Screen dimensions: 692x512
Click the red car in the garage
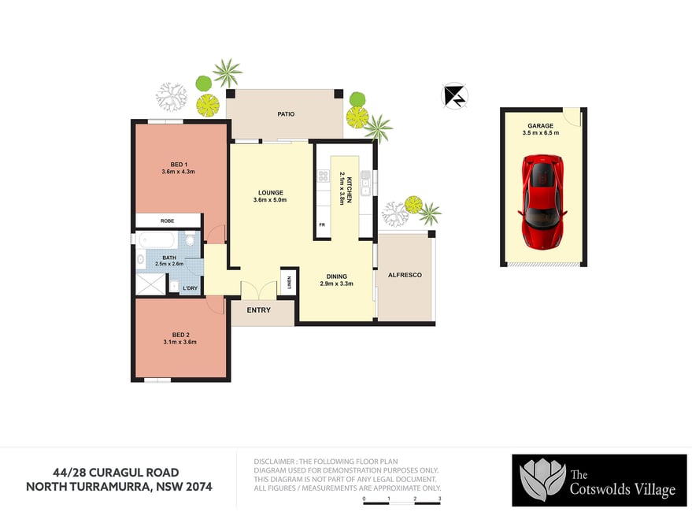(x=542, y=202)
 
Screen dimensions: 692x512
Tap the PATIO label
(x=286, y=114)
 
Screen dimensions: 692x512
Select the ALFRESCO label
(x=405, y=275)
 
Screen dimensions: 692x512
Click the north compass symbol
(x=454, y=95)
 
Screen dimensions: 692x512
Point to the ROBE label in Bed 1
(x=167, y=221)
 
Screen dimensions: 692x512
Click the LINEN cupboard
(x=289, y=281)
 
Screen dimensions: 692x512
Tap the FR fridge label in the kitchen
(x=322, y=224)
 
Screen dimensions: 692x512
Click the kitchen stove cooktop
(x=324, y=176)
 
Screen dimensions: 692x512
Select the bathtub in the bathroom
(x=157, y=240)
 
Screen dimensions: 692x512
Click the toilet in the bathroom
(x=191, y=239)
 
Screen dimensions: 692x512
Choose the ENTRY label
(x=259, y=310)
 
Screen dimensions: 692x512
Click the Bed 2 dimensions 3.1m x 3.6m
(x=180, y=342)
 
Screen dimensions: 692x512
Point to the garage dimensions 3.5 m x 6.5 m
(x=541, y=132)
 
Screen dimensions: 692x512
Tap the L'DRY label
(x=191, y=288)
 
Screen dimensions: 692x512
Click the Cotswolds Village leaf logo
(x=542, y=480)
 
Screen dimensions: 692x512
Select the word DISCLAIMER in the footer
(x=274, y=462)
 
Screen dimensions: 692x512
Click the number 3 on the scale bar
(x=439, y=499)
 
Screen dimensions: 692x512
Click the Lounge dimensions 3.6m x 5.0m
(x=270, y=199)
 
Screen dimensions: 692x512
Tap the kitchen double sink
(x=365, y=184)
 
